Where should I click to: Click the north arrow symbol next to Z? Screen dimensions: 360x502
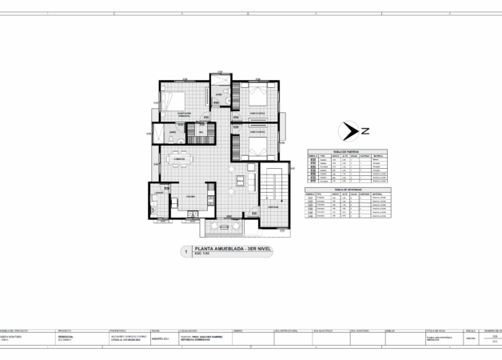click(349, 130)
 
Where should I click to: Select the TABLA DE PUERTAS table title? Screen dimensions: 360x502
click(349, 150)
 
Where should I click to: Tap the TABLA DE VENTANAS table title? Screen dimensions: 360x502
click(349, 189)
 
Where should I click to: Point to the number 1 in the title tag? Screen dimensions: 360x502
click(186, 251)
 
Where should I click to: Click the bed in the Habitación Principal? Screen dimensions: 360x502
click(173, 102)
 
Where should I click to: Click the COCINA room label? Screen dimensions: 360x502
click(191, 195)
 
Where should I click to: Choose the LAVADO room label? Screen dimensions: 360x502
click(160, 193)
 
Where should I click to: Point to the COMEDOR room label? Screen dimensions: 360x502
click(179, 160)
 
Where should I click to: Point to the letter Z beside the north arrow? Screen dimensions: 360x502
click(365, 130)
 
